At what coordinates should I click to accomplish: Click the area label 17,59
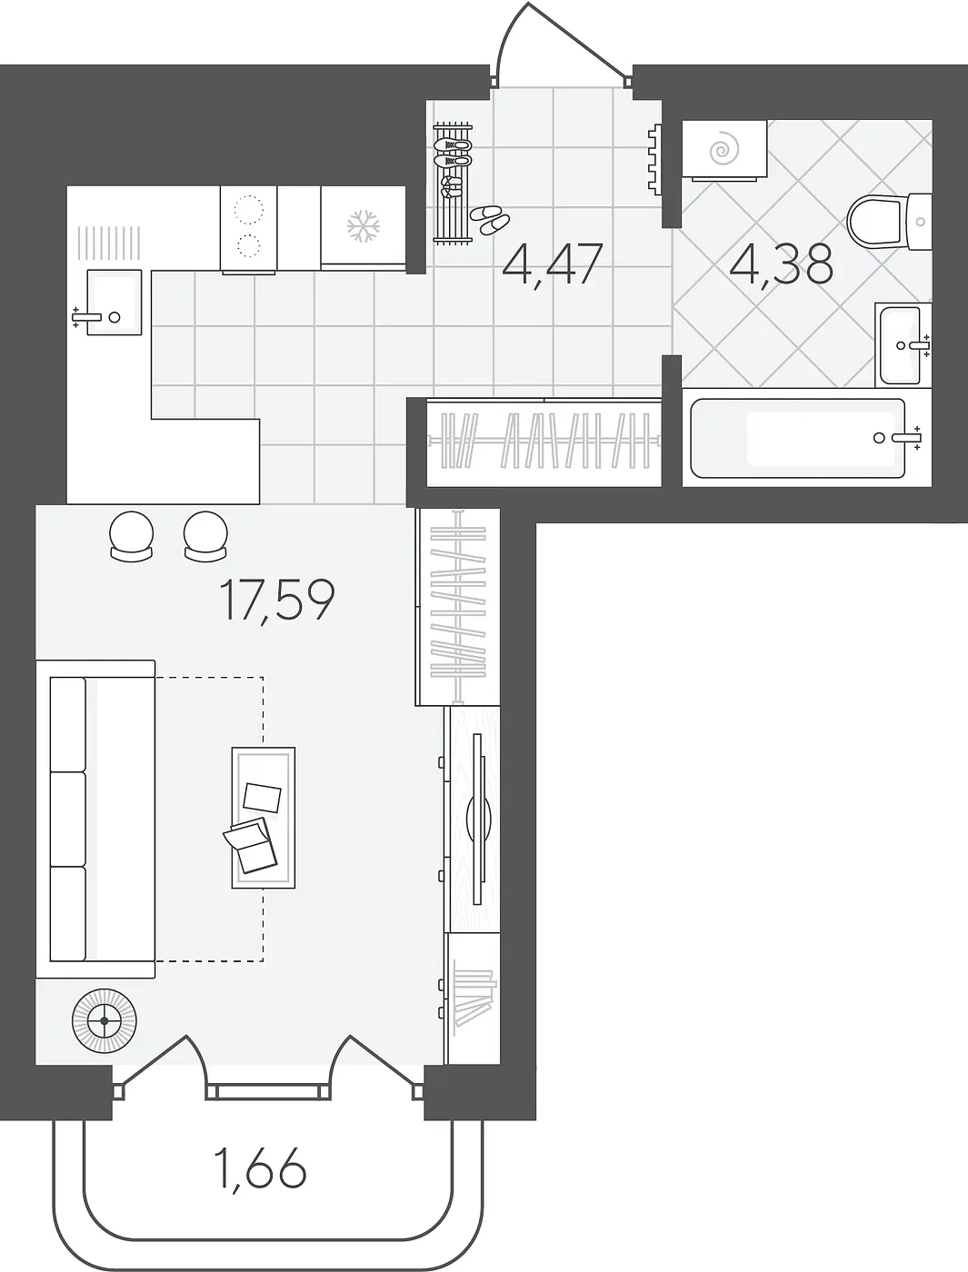[277, 601]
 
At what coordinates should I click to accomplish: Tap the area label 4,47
[553, 264]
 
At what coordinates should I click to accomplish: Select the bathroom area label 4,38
[781, 264]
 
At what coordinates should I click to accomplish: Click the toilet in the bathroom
[889, 222]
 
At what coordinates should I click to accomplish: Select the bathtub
[798, 438]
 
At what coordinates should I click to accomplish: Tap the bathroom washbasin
[903, 344]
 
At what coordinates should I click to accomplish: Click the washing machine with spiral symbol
[724, 151]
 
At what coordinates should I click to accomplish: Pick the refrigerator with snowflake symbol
[364, 228]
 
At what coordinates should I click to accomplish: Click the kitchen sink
[114, 302]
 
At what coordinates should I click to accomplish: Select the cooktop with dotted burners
[248, 228]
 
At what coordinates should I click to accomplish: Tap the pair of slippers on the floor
[490, 220]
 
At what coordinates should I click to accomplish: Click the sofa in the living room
[95, 819]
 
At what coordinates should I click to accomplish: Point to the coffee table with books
[264, 817]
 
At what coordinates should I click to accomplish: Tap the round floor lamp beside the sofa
[105, 1021]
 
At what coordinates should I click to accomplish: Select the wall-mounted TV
[477, 819]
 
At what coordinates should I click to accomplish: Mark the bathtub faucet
[905, 438]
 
